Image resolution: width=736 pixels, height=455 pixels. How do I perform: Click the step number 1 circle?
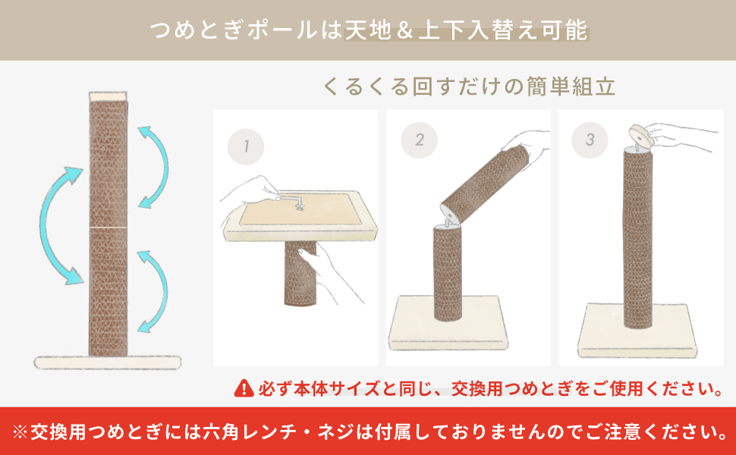pyautogui.click(x=246, y=147)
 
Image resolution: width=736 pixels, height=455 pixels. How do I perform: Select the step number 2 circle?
pyautogui.click(x=419, y=140)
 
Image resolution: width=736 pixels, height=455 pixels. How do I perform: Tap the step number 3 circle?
pyautogui.click(x=590, y=140)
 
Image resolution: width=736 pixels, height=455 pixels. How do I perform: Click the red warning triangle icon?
pyautogui.click(x=244, y=388)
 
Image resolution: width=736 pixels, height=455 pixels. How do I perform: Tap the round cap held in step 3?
pyautogui.click(x=643, y=136)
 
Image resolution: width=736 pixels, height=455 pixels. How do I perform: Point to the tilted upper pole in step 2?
pyautogui.click(x=486, y=184)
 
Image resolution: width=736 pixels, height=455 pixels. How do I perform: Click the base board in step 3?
pyautogui.click(x=637, y=331)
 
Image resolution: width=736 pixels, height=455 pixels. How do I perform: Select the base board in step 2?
pyautogui.click(x=448, y=323)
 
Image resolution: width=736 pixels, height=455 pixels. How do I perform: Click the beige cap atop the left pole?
pyautogui.click(x=108, y=96)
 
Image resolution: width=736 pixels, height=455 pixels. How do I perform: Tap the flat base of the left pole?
pyautogui.click(x=108, y=362)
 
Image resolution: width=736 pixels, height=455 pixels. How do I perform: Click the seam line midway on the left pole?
pyautogui.click(x=108, y=227)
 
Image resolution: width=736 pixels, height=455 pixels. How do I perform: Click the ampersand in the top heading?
pyautogui.click(x=404, y=31)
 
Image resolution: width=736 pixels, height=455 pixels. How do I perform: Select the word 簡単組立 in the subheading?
pyautogui.click(x=571, y=87)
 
